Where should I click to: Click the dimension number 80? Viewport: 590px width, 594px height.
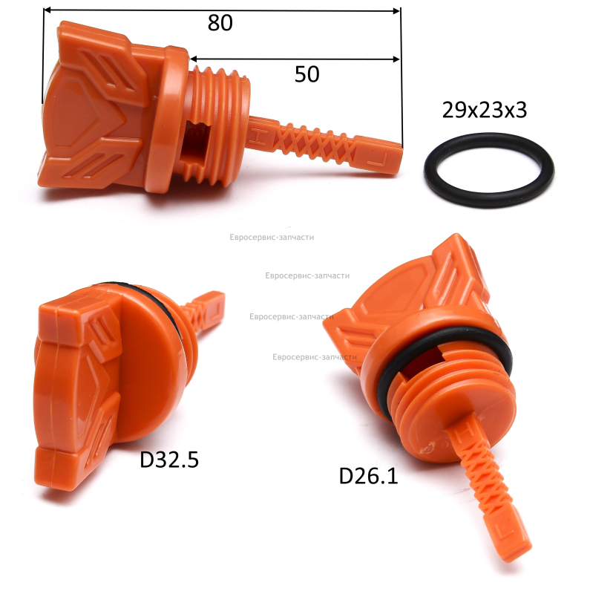(220, 23)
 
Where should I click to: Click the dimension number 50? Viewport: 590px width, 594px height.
(307, 74)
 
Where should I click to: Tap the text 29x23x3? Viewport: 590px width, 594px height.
(485, 110)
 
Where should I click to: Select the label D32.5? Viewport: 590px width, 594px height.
(169, 460)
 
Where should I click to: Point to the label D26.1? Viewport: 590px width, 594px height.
(368, 476)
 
